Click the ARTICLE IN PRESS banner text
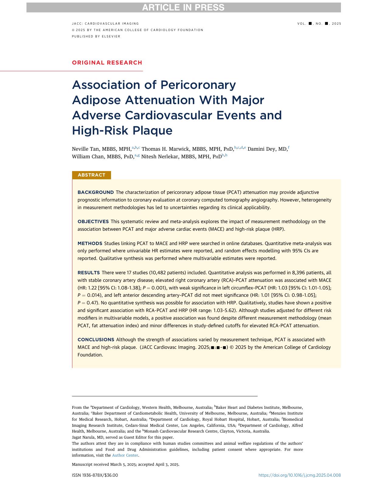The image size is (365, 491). pyautogui.click(x=183, y=8)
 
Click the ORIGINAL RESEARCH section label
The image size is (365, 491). pyautogui.click(x=107, y=63)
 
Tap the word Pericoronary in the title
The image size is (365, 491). pyautogui.click(x=198, y=85)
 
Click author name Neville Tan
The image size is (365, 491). pyautogui.click(x=86, y=149)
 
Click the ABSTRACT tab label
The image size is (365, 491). pyautogui.click(x=92, y=175)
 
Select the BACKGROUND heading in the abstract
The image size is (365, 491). pyautogui.click(x=96, y=192)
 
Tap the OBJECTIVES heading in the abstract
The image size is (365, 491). pyautogui.click(x=93, y=222)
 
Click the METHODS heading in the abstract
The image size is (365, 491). pyautogui.click(x=90, y=244)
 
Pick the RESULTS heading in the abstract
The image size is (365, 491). pyautogui.click(x=89, y=273)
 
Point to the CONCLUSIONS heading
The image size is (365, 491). pyautogui.click(x=96, y=340)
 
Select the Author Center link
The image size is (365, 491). pyautogui.click(x=125, y=455)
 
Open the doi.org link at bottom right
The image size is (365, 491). pyautogui.click(x=299, y=475)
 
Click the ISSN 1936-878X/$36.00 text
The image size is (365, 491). pyautogui.click(x=95, y=475)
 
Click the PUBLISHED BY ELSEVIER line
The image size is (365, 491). pyautogui.click(x=96, y=37)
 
